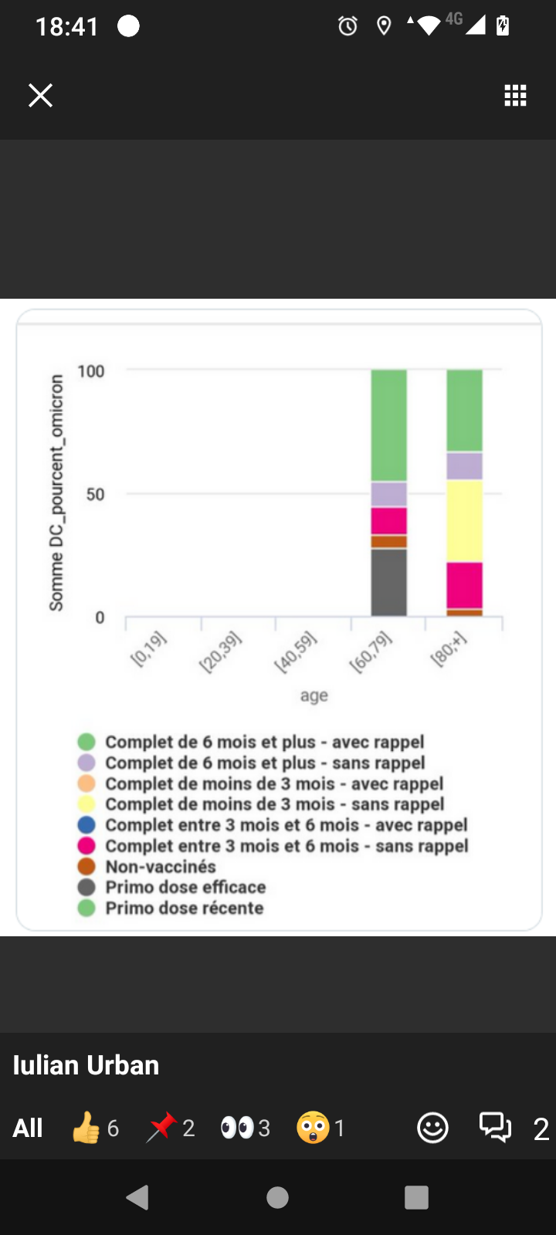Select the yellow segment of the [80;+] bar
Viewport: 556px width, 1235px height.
[x=465, y=521]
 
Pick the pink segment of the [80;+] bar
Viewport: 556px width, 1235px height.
[x=465, y=585]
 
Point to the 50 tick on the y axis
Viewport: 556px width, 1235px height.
[x=95, y=494]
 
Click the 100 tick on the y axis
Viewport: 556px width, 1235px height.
[x=91, y=371]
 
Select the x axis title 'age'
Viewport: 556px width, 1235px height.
[x=314, y=695]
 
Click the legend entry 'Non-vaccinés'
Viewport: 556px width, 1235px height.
[x=161, y=867]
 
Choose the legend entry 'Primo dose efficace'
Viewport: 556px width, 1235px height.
[x=185, y=888]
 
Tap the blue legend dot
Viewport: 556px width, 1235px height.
[x=86, y=825]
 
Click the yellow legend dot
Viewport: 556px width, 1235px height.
[x=86, y=804]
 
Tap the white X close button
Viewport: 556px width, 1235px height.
[x=40, y=96]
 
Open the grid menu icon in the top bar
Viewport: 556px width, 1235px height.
[x=515, y=96]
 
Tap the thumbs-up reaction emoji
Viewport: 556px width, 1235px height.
[x=86, y=1128]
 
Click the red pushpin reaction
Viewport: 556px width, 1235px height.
[x=161, y=1128]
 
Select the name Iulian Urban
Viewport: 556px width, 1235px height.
[x=86, y=1065]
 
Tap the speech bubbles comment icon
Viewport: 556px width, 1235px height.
[x=495, y=1128]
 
